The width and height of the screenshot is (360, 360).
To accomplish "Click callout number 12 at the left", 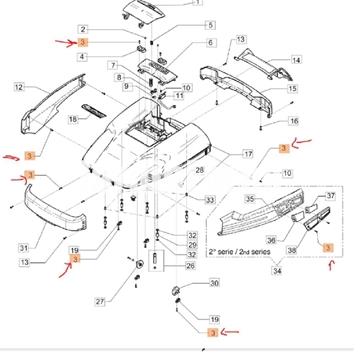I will [17, 88].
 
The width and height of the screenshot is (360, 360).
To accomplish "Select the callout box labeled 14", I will [295, 60].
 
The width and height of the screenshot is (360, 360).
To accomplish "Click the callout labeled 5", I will [209, 24].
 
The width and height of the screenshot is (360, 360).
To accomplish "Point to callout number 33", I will [211, 201].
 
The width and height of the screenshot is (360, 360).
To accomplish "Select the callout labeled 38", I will [293, 250].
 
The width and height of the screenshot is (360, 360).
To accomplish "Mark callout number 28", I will [200, 171].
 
